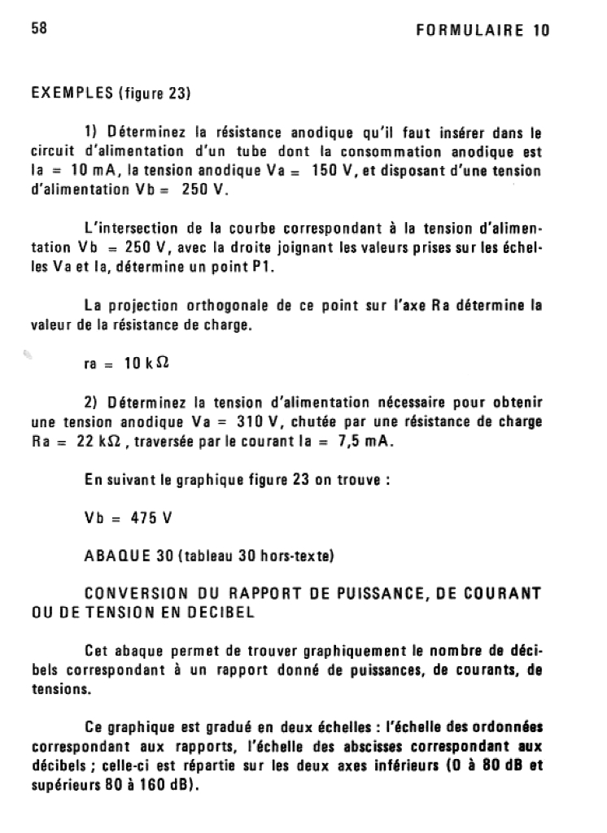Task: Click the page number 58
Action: coord(40,29)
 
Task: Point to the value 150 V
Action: coord(333,172)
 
